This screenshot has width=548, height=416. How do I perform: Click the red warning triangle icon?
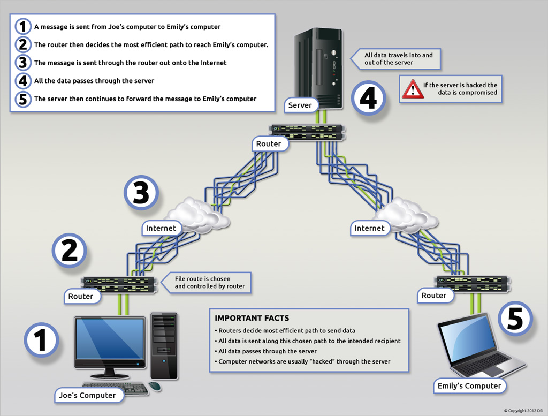click(x=413, y=89)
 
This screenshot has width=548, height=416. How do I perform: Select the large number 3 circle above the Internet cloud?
click(x=141, y=193)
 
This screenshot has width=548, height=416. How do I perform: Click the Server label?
click(x=300, y=105)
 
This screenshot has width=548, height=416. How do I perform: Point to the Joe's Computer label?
click(x=86, y=396)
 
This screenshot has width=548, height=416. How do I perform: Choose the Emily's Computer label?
click(x=469, y=386)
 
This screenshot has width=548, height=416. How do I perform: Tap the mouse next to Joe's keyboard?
click(x=155, y=386)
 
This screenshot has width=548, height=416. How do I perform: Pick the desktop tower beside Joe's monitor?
click(x=164, y=345)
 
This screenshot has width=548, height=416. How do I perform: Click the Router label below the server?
click(x=269, y=144)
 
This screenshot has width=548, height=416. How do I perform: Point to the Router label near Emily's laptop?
click(x=433, y=296)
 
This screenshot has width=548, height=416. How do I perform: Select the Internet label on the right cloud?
click(x=369, y=229)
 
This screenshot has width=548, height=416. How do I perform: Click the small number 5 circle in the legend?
click(x=22, y=99)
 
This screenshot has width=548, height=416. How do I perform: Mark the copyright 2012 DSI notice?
click(x=522, y=411)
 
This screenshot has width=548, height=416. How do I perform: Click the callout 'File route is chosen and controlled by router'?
click(x=210, y=283)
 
